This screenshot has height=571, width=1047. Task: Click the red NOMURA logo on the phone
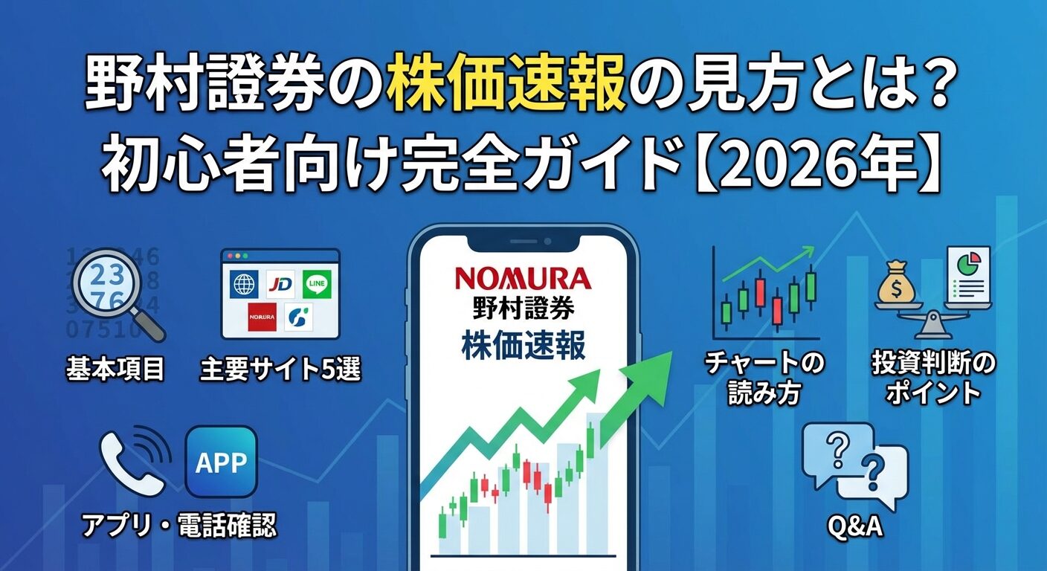[523, 280]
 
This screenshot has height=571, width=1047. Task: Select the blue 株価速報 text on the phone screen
[523, 346]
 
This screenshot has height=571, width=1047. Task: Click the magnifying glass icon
[119, 294]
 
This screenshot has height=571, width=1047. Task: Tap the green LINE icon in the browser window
[317, 283]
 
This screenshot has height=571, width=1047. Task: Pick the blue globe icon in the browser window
[244, 283]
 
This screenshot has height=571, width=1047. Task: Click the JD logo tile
[280, 283]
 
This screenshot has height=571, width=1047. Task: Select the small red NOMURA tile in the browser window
[262, 317]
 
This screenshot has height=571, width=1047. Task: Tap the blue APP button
[222, 462]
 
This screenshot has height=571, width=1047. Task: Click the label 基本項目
[115, 368]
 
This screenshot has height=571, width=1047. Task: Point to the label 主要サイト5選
[280, 369]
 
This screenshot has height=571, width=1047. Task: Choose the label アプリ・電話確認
[180, 525]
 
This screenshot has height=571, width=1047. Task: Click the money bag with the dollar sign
[895, 283]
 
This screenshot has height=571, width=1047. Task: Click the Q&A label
[855, 526]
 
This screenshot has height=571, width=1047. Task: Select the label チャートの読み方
[764, 378]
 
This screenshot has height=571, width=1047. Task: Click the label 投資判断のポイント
[933, 378]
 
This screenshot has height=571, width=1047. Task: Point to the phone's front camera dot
[548, 242]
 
